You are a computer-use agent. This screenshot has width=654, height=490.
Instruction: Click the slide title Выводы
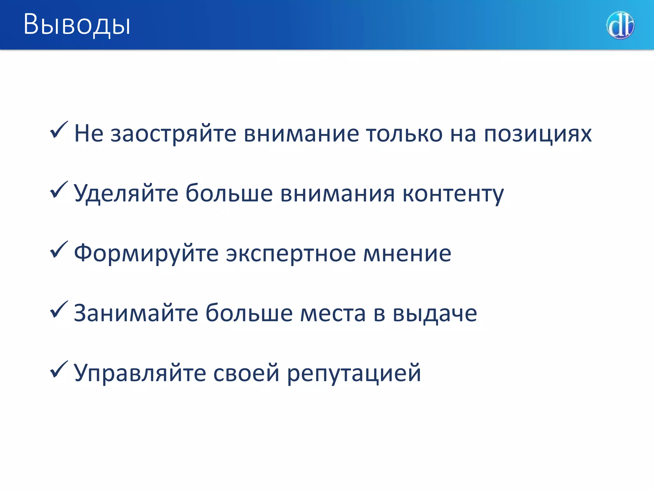[77, 25]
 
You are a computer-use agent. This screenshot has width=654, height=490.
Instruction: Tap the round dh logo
[620, 25]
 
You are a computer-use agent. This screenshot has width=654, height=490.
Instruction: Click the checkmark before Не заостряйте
[59, 130]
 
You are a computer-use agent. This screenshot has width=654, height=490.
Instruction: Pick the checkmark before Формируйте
[59, 249]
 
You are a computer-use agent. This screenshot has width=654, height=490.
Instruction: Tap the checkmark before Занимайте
[59, 309]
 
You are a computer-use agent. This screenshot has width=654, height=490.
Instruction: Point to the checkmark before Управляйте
[59, 369]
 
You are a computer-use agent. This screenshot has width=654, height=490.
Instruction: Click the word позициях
[538, 134]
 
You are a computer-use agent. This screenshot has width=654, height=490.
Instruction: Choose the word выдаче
[435, 314]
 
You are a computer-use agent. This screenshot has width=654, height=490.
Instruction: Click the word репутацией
[354, 373]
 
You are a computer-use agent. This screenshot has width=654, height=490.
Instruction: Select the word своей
[246, 373]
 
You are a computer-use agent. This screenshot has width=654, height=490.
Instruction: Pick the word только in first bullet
[404, 134]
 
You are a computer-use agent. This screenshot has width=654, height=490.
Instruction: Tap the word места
[333, 314]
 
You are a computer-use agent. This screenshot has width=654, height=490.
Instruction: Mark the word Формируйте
[146, 254]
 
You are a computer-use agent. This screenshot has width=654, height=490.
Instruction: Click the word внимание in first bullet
[301, 134]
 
